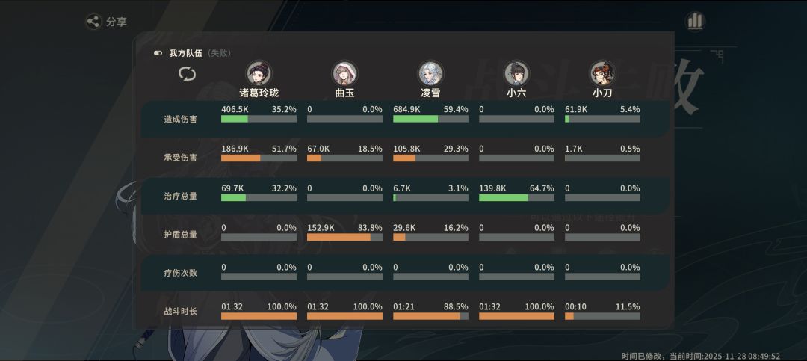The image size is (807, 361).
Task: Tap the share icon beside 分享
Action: pyautogui.click(x=93, y=22)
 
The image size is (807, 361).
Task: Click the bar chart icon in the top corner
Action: pyautogui.click(x=695, y=21)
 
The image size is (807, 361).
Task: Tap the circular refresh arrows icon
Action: pyautogui.click(x=188, y=74)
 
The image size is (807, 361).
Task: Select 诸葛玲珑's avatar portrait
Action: pyautogui.click(x=259, y=73)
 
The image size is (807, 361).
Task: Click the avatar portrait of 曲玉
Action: pyautogui.click(x=344, y=73)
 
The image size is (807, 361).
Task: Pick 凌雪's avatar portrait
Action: pyautogui.click(x=430, y=73)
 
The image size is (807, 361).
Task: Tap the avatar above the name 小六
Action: pyautogui.click(x=516, y=73)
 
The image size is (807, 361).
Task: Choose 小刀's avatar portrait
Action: pyautogui.click(x=602, y=73)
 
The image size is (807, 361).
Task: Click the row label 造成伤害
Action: pyautogui.click(x=181, y=119)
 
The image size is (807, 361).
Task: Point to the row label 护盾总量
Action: pyautogui.click(x=181, y=235)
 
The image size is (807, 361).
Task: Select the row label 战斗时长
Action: pyautogui.click(x=181, y=312)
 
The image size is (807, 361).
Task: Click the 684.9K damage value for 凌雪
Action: pyautogui.click(x=406, y=109)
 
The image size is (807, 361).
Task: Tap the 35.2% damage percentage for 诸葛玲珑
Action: pyautogui.click(x=284, y=109)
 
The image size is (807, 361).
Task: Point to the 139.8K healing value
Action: pyautogui.click(x=492, y=188)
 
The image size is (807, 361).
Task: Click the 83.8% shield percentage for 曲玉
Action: pyautogui.click(x=370, y=228)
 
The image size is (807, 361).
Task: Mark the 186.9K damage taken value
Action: pyautogui.click(x=235, y=149)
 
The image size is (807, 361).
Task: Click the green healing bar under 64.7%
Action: pyautogui.click(x=504, y=198)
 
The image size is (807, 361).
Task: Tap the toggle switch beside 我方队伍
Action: pyautogui.click(x=158, y=53)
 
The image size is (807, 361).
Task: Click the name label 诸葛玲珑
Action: pyautogui.click(x=259, y=93)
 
